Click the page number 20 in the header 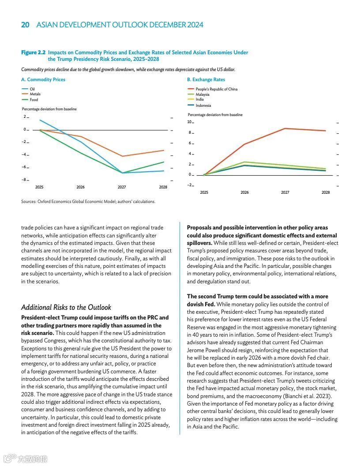point(26,25)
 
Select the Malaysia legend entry point(202,94)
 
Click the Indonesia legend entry point(203,105)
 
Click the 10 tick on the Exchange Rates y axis point(190,122)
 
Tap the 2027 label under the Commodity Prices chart point(122,187)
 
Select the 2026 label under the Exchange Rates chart point(244,192)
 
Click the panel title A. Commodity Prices point(43,80)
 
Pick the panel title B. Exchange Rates point(206,80)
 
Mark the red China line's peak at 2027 point(285,128)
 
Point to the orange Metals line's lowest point point(122,156)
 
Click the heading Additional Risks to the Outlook point(66,307)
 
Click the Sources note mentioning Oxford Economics point(88,202)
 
